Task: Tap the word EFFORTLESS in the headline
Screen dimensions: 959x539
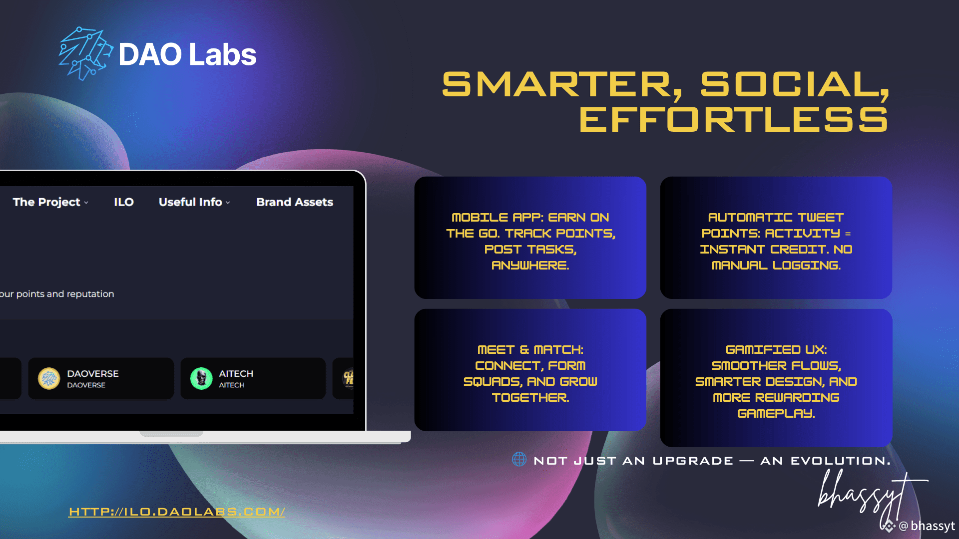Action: click(734, 120)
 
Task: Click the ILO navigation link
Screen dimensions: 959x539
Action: click(124, 202)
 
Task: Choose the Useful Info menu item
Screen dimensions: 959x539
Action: click(194, 202)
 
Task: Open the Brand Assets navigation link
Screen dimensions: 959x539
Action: click(295, 202)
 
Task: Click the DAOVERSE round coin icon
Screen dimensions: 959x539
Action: click(49, 378)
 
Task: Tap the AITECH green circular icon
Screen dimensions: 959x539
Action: click(201, 378)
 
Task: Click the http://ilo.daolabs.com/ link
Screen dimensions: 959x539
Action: click(177, 512)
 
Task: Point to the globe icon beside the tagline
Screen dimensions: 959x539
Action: click(519, 459)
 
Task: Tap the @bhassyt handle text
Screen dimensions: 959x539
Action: click(927, 526)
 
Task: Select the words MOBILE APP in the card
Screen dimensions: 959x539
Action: click(497, 218)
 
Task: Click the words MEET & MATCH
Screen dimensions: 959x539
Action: click(530, 350)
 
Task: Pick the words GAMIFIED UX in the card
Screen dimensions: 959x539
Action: click(776, 350)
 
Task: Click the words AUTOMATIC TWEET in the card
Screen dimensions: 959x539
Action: click(776, 218)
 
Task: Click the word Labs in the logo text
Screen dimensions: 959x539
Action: click(223, 54)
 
